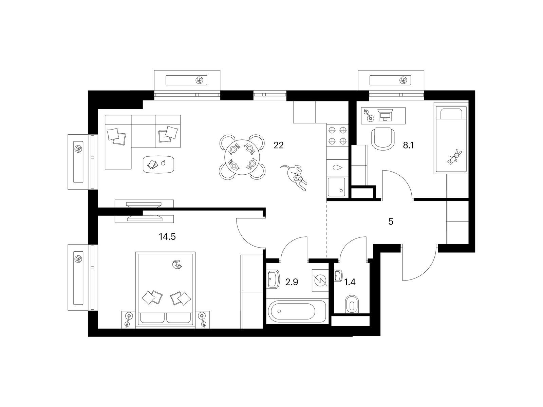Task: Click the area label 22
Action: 278,145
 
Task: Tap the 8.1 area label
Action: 408,146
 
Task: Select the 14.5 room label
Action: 167,237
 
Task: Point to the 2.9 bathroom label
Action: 292,282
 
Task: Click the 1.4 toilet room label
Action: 350,282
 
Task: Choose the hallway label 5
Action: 391,222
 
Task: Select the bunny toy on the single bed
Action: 455,157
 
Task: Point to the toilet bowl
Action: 352,304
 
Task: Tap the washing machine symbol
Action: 320,280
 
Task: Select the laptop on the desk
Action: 386,115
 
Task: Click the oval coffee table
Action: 159,164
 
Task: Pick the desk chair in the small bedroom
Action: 383,138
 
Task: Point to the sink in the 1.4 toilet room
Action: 338,276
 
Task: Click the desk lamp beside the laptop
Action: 368,115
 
